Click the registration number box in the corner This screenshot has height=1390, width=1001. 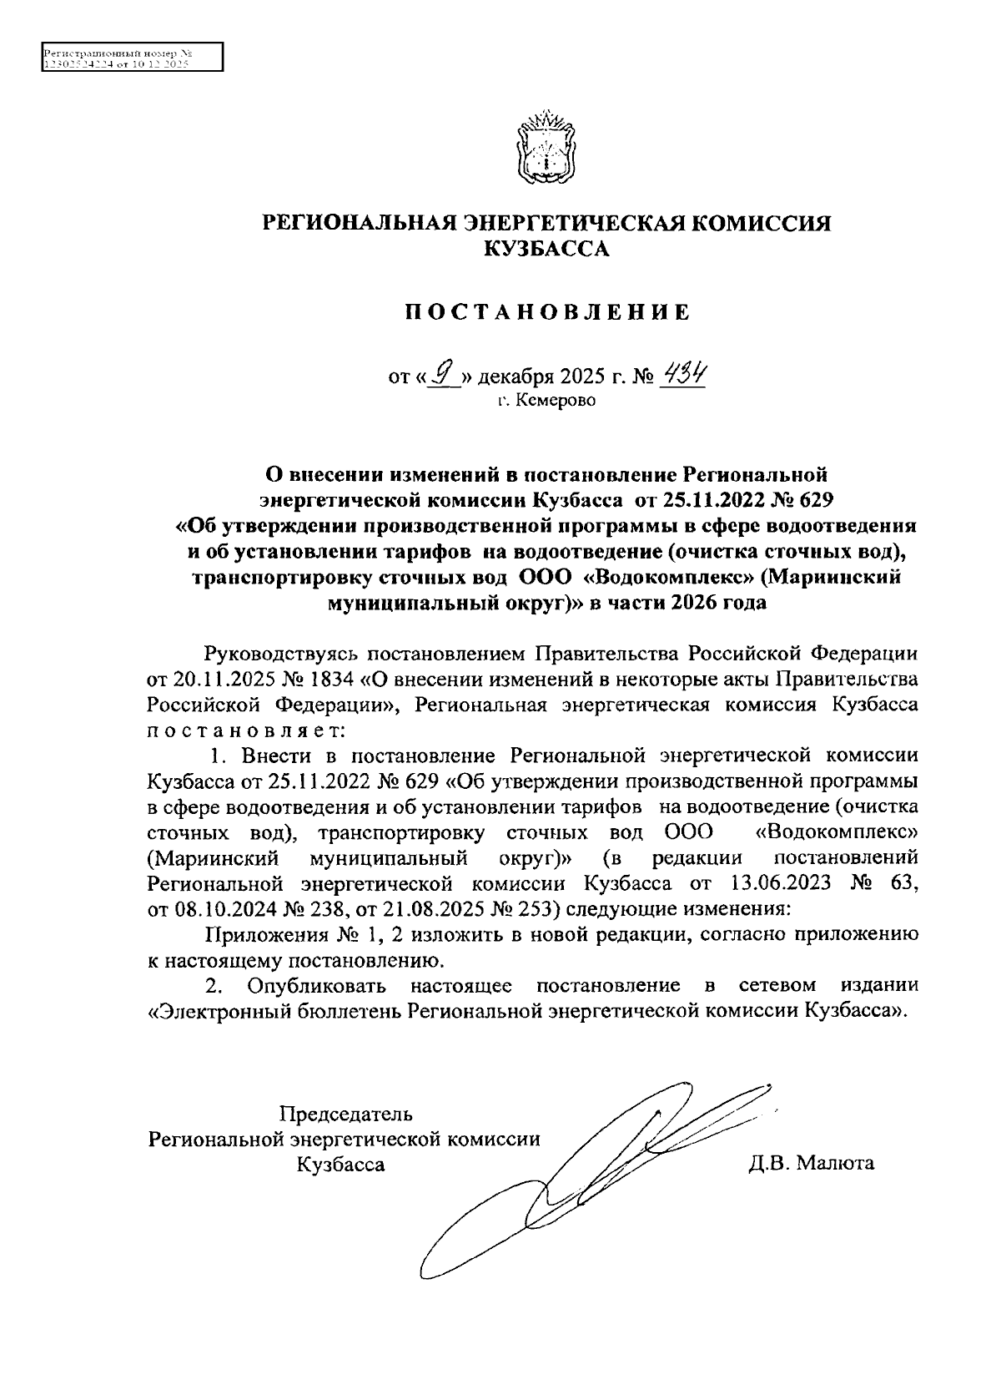(x=133, y=58)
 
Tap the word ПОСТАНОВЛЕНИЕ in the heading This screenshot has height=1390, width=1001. (x=547, y=313)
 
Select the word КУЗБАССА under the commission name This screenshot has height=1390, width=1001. (x=547, y=249)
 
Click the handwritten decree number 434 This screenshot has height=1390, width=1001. (x=682, y=375)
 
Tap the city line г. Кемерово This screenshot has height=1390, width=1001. (x=547, y=402)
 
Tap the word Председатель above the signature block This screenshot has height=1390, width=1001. (x=345, y=1114)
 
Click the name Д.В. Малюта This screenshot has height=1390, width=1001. (x=810, y=1163)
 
